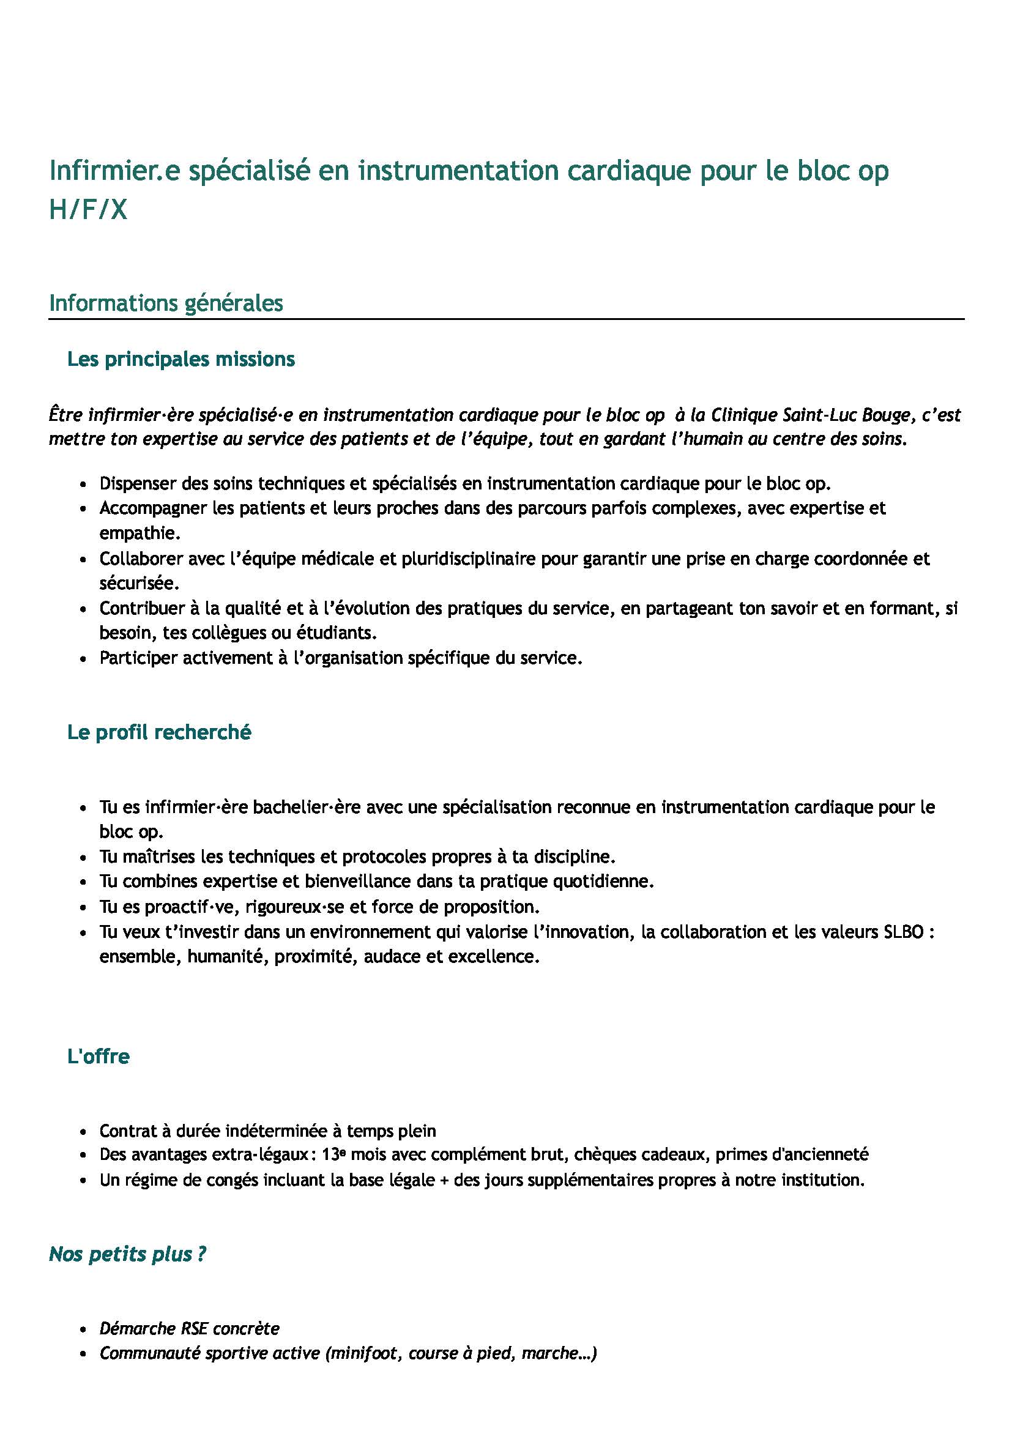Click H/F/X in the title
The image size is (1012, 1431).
click(88, 210)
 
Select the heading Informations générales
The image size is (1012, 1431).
click(166, 303)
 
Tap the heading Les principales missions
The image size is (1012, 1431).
click(180, 359)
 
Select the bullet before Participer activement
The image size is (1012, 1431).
click(83, 659)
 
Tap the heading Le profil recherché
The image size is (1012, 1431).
click(159, 732)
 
